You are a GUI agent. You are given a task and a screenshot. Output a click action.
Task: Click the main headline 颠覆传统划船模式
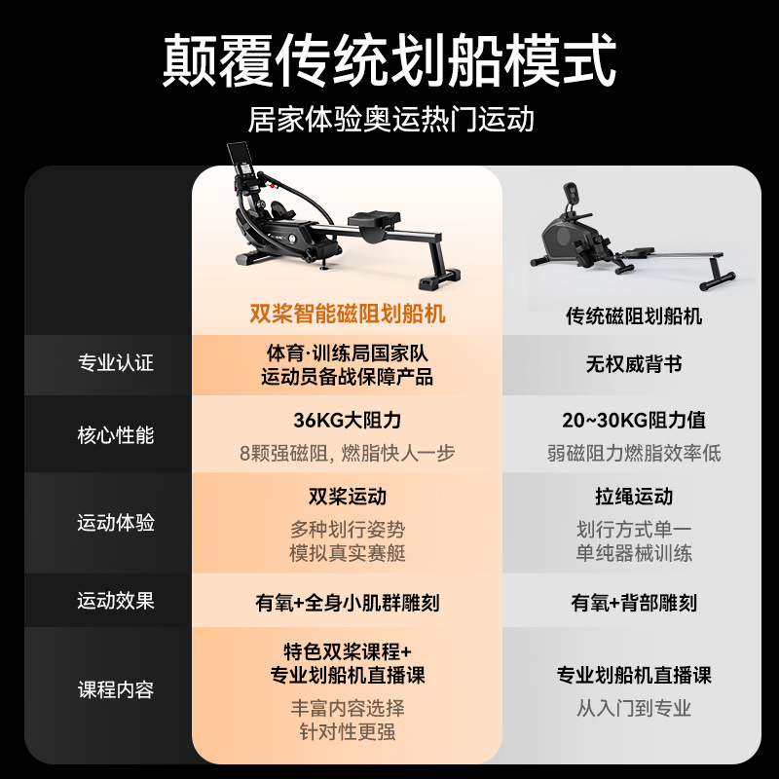point(389,61)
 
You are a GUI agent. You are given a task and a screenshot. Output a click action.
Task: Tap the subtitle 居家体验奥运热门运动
point(389,120)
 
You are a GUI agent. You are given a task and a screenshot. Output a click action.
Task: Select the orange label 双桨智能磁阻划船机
point(348,315)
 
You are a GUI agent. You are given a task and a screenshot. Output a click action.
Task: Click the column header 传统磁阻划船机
point(634,316)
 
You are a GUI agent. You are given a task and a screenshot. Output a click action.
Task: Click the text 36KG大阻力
point(348,421)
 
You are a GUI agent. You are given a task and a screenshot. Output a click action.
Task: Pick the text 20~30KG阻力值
point(634,421)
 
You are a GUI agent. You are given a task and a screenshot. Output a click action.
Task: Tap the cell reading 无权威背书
point(634,364)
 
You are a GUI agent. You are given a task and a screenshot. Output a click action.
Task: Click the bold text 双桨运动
point(348,497)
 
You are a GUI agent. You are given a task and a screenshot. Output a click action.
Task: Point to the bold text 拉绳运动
point(634,497)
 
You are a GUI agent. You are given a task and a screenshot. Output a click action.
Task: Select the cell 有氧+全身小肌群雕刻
point(348,603)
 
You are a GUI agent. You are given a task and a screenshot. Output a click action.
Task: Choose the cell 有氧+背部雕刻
point(634,603)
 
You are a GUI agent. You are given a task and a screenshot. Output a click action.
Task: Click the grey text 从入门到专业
point(634,709)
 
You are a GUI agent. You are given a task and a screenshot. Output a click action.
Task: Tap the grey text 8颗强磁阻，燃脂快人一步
point(348,454)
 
